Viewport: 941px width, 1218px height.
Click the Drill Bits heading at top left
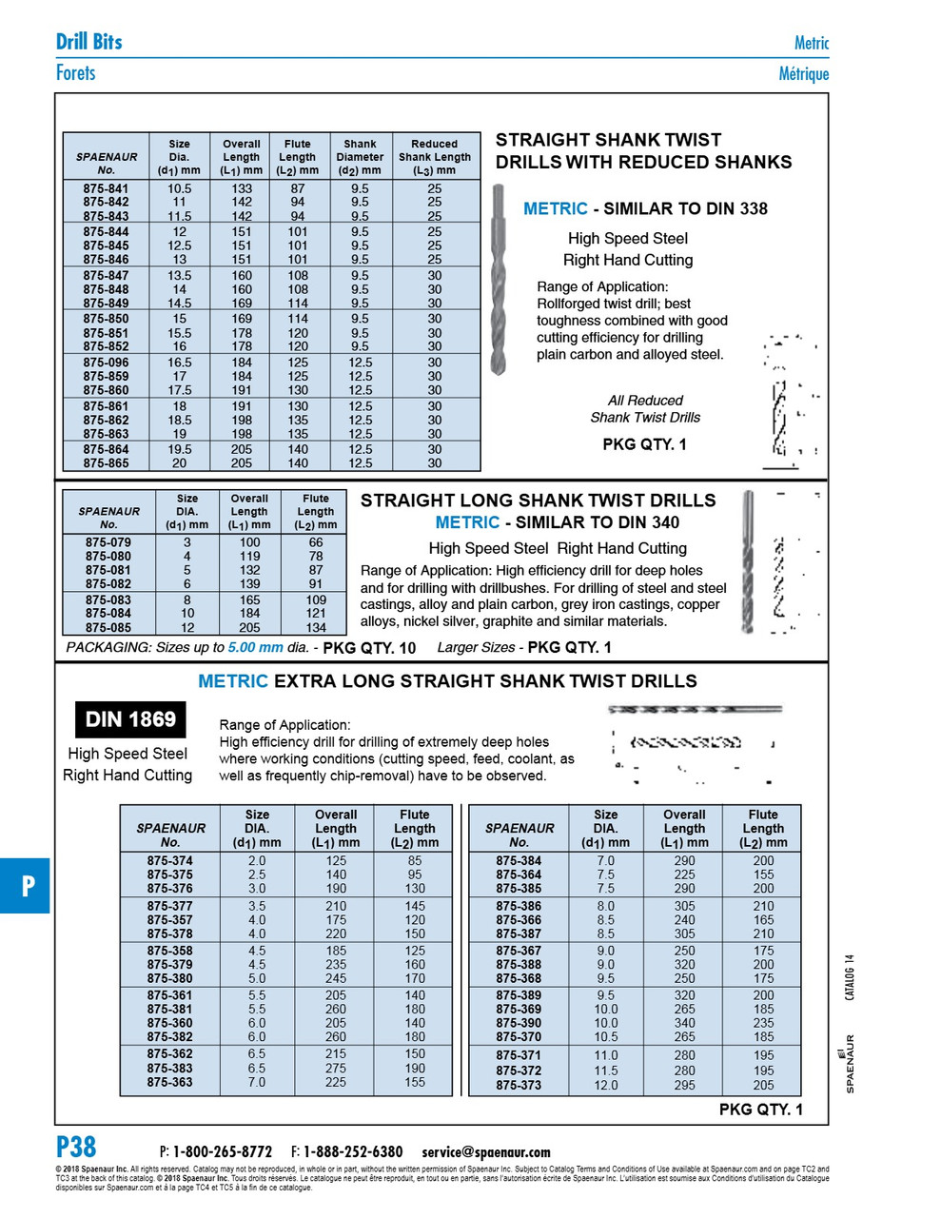tap(88, 41)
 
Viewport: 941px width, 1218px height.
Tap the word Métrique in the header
tap(803, 73)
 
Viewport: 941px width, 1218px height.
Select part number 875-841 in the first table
tap(106, 188)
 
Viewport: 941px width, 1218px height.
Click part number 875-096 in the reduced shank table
tap(106, 363)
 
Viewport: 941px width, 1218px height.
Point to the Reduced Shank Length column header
tap(434, 157)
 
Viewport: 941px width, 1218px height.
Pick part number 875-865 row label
tap(106, 463)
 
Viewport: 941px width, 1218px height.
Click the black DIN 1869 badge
tap(130, 719)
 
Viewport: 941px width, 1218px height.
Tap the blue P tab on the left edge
tap(27, 886)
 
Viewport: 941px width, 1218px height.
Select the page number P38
tap(76, 1146)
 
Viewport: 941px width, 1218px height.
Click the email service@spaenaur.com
tap(486, 1151)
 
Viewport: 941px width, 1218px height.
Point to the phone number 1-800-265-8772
tap(223, 1151)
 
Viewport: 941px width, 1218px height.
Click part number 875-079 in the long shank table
tap(108, 542)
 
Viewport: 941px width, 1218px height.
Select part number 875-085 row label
tap(108, 628)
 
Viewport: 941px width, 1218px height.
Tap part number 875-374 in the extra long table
tap(169, 860)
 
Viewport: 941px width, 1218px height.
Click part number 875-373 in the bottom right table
tap(519, 1085)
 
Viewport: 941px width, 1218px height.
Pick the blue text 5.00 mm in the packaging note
tap(255, 648)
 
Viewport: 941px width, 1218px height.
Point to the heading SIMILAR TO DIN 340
tap(600, 521)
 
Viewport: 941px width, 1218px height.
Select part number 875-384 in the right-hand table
tap(519, 860)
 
